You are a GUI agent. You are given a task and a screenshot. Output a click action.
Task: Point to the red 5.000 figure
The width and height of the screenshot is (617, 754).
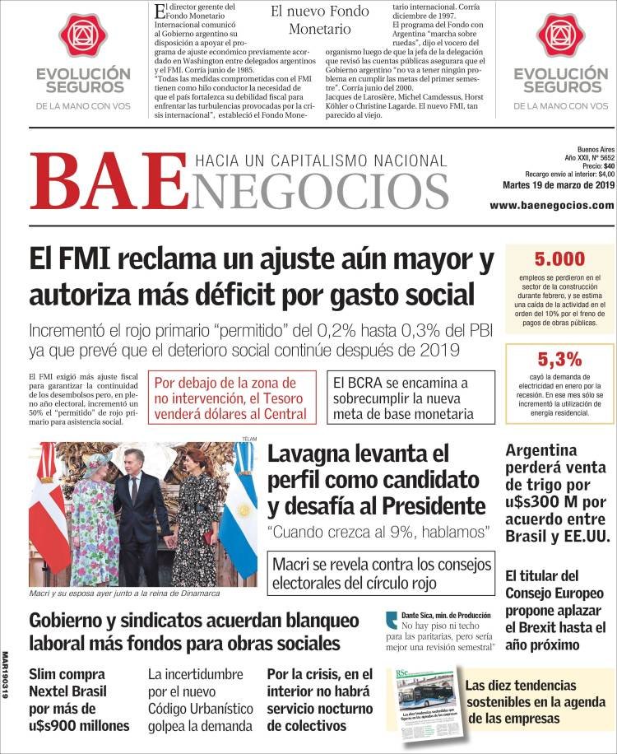pos(559,258)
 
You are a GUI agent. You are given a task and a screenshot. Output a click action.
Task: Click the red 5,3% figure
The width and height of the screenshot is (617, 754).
pos(559,359)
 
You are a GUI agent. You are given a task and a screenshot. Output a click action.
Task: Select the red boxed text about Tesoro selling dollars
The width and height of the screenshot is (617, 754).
pos(235,398)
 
